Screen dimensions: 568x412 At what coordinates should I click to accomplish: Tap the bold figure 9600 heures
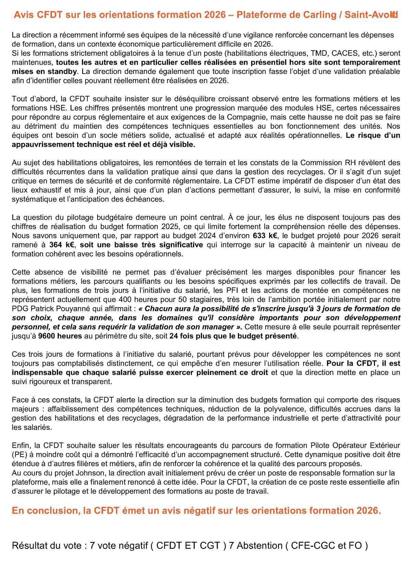[x=60, y=336]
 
